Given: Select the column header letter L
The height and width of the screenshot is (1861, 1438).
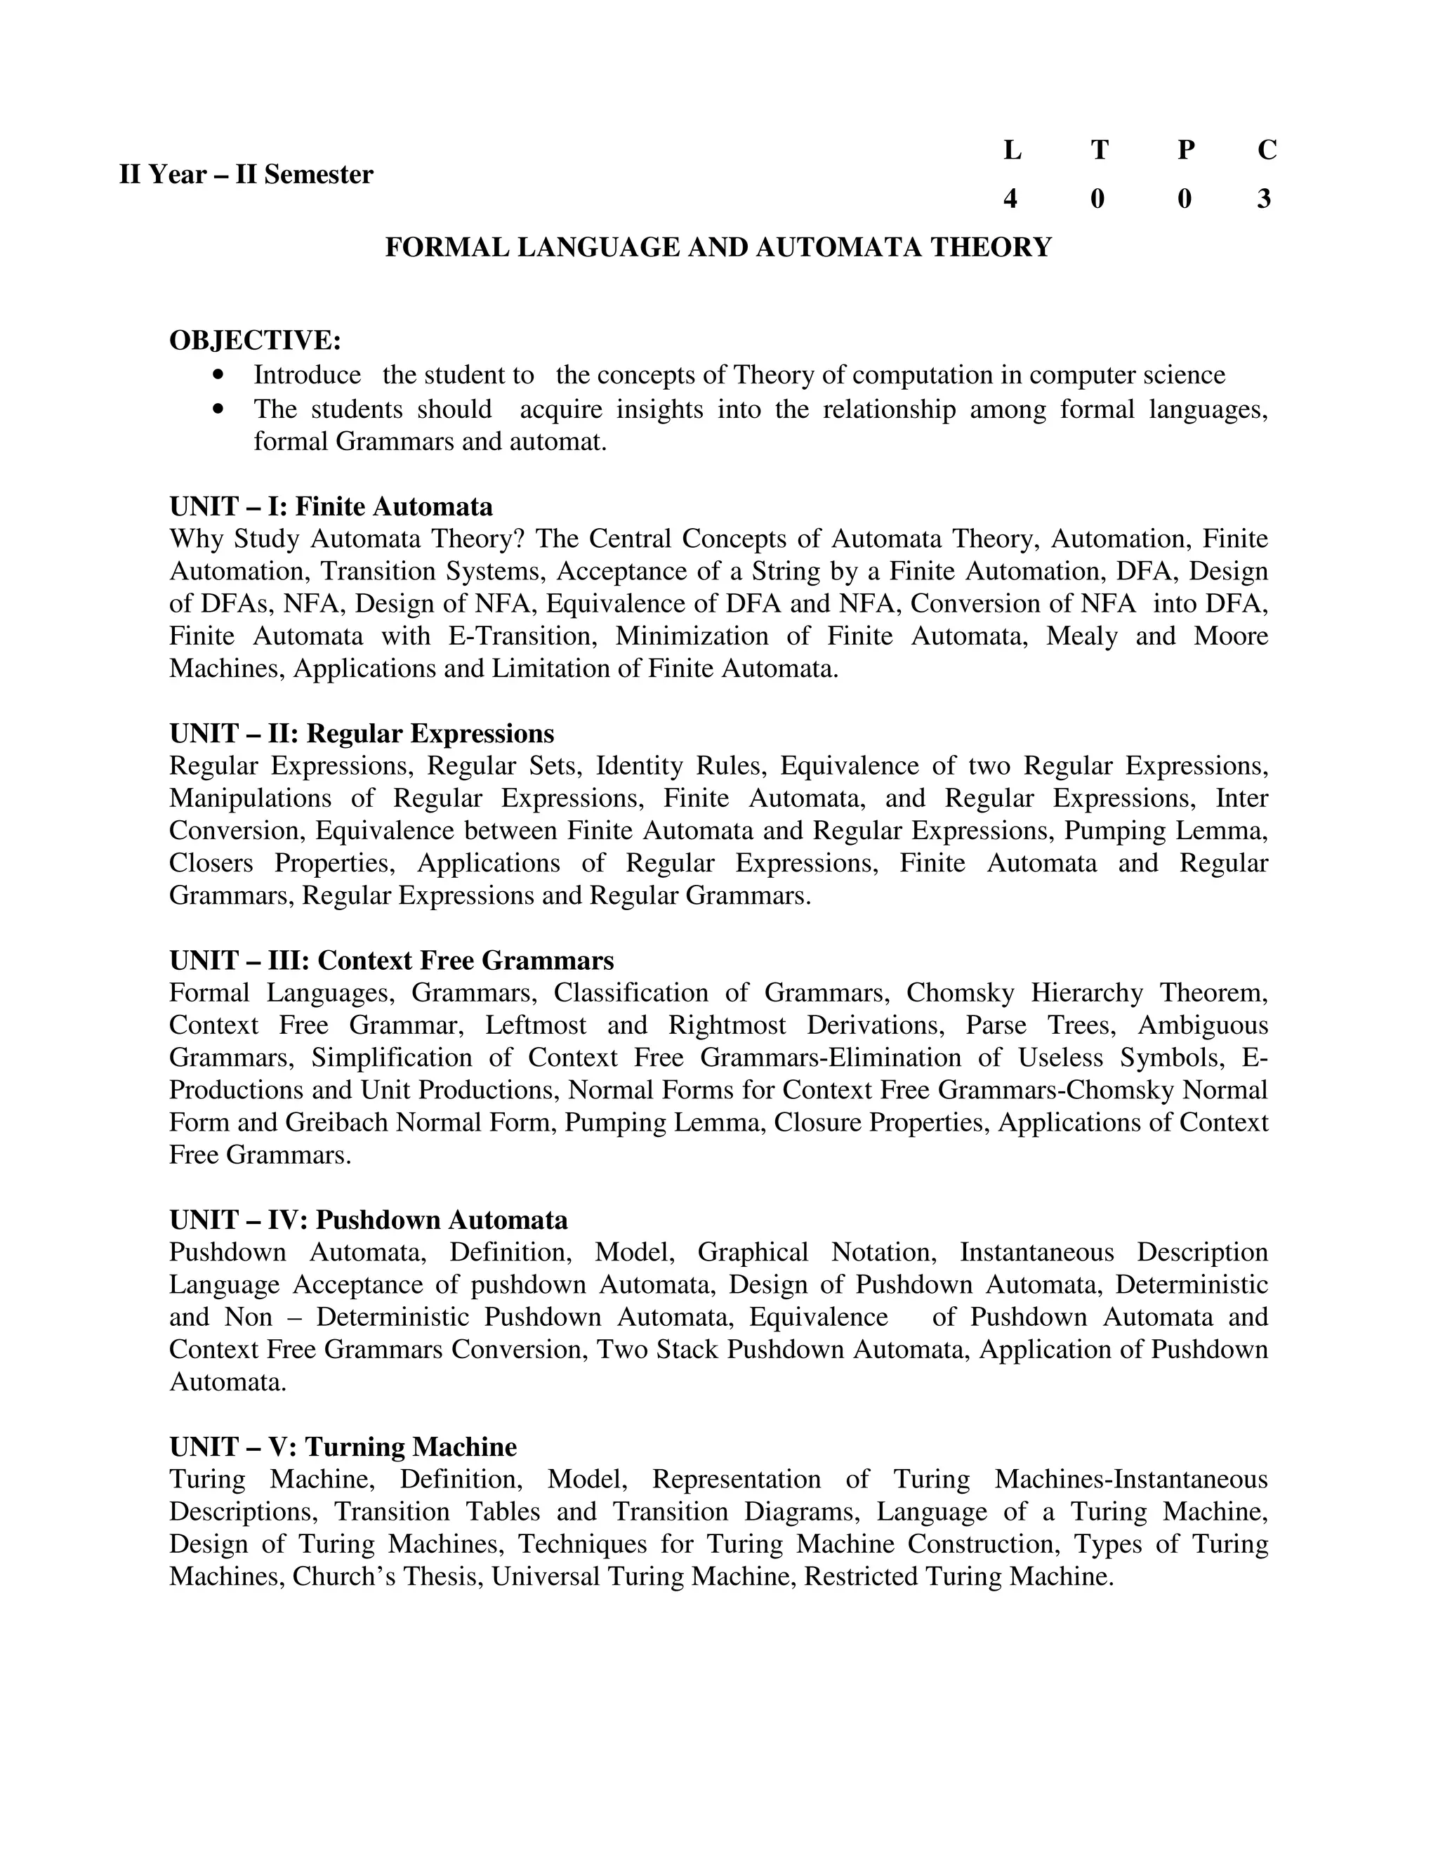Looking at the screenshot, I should pyautogui.click(x=1011, y=151).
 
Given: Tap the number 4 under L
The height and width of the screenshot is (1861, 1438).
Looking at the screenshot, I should pyautogui.click(x=1010, y=199).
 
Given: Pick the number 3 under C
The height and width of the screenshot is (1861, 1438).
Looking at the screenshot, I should pyautogui.click(x=1264, y=199).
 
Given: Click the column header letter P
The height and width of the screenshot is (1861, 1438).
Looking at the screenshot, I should pyautogui.click(x=1185, y=151).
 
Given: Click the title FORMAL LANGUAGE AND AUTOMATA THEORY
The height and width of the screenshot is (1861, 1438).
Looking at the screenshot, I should pyautogui.click(x=718, y=248).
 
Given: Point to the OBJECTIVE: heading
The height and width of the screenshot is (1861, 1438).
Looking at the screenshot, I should pyautogui.click(x=255, y=341).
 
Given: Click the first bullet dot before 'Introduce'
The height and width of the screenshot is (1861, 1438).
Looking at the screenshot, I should pyautogui.click(x=220, y=375).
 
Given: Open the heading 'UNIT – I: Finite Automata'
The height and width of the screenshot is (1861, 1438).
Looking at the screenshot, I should pyautogui.click(x=331, y=507).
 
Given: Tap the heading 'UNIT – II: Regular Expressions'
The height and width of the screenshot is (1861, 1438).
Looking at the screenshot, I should pyautogui.click(x=361, y=734).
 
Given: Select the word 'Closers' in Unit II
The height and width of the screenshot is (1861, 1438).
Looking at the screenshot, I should pyautogui.click(x=211, y=863).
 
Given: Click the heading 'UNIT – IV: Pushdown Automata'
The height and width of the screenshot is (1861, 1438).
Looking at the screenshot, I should pyautogui.click(x=368, y=1221).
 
